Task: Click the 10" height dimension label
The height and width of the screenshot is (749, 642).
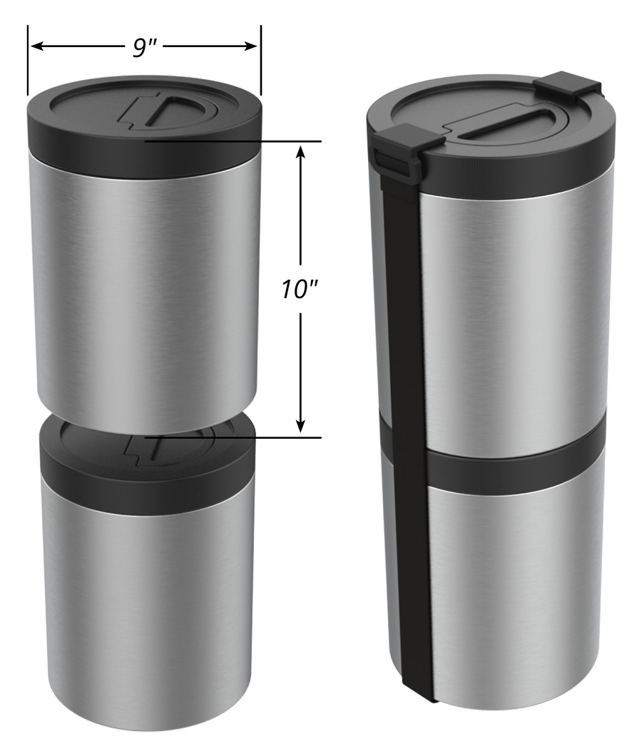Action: coord(300,290)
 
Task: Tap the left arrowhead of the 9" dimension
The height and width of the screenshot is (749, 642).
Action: coord(34,46)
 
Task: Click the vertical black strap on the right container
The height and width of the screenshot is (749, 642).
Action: coord(407,428)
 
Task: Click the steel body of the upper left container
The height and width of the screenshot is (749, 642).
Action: coord(143,285)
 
